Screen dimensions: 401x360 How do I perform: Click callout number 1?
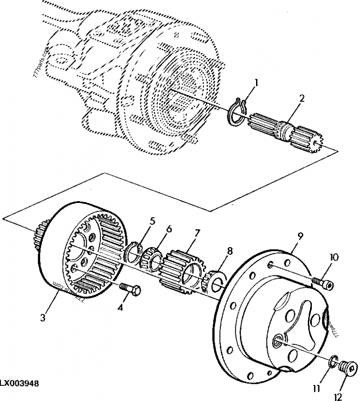coord(256,83)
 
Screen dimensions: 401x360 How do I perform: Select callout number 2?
coord(302,99)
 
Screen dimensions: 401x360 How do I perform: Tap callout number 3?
coord(42,318)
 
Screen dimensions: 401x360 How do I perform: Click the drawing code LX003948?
coord(19,383)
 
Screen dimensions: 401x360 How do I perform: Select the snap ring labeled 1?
coord(237,113)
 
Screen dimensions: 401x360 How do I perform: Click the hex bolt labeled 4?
coord(130,289)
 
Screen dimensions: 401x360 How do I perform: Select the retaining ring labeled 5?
coord(133,252)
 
